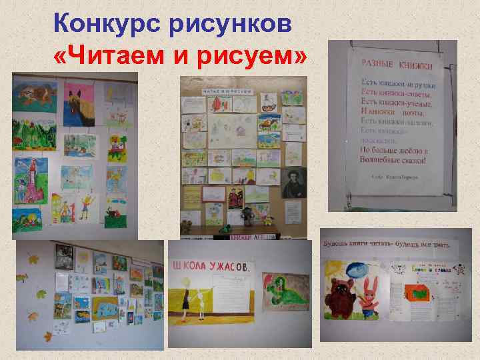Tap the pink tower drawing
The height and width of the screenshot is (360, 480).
[x=30, y=179]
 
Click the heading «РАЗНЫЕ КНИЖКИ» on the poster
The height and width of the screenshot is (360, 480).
[x=397, y=65]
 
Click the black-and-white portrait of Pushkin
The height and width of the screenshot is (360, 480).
[x=293, y=179]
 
